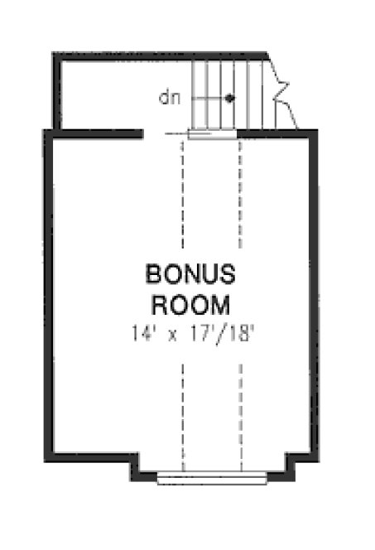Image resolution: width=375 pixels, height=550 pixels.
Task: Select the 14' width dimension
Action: (143, 335)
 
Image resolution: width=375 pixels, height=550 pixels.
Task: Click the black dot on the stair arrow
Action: (230, 98)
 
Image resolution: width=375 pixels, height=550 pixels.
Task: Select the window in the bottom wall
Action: (212, 477)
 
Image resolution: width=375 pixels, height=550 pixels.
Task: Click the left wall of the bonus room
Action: (49, 290)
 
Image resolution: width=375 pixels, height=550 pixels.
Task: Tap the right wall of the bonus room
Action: (314, 290)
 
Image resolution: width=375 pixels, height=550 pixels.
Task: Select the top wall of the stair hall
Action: (157, 55)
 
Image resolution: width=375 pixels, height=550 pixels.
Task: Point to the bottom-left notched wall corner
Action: (134, 469)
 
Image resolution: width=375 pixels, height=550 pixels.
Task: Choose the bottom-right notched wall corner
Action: (291, 469)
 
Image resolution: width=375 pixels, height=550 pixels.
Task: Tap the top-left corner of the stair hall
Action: (57, 56)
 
